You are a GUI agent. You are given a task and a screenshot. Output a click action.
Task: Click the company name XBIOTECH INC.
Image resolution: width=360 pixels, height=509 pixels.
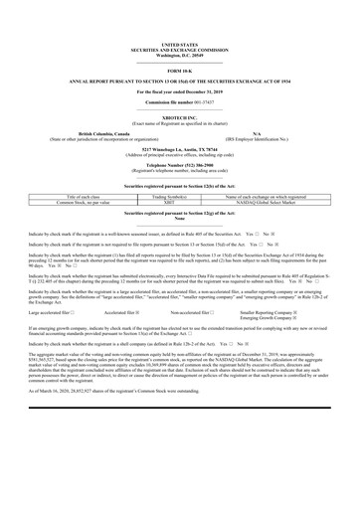tap(179, 117)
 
